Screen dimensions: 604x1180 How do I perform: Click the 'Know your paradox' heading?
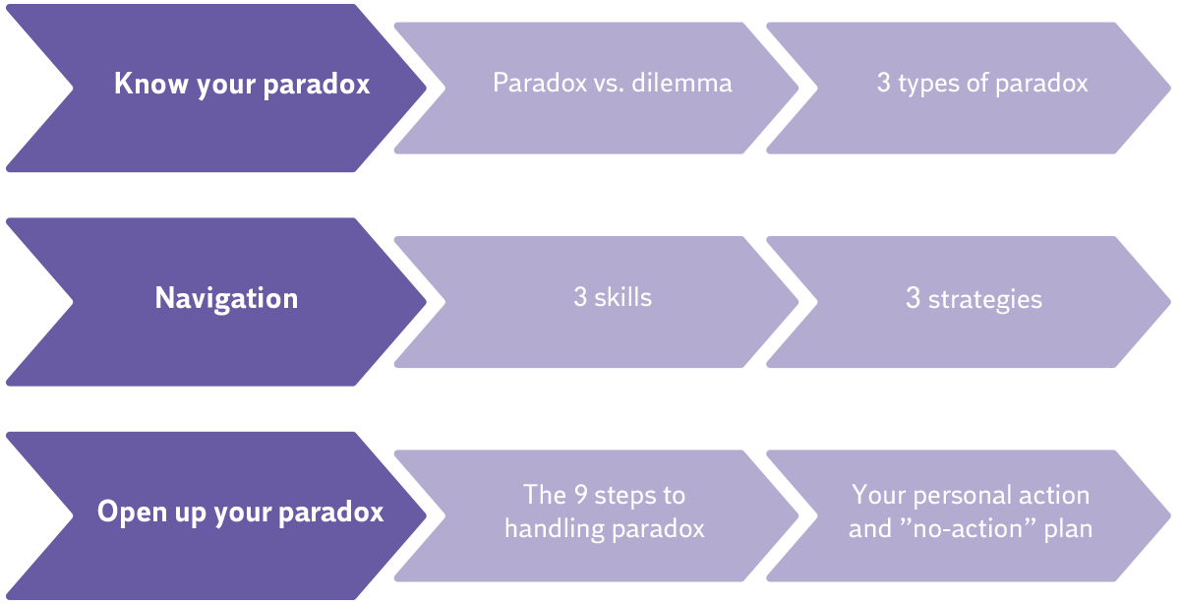coord(242,84)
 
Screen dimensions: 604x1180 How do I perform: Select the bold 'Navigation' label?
coord(226,298)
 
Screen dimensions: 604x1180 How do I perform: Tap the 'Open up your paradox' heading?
coord(240,513)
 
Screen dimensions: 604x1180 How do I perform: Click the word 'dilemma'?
coord(683,83)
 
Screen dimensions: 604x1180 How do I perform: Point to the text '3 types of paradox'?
coord(982,83)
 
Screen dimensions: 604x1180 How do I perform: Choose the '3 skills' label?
coord(612,297)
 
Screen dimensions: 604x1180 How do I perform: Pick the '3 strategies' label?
coord(973,298)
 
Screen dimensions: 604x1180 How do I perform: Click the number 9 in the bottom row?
coord(580,494)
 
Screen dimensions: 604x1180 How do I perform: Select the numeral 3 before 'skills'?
coord(580,297)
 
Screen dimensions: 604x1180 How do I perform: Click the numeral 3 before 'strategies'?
coord(913,298)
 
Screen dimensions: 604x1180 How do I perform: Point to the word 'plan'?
coord(1069,528)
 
